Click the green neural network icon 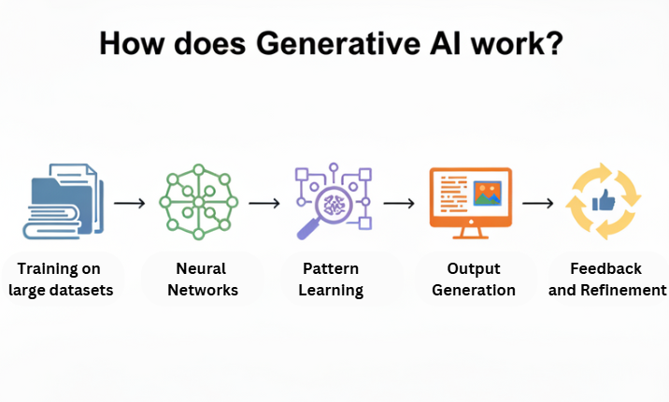[x=199, y=201]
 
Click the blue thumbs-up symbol [x=603, y=200]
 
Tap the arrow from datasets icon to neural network [x=130, y=202]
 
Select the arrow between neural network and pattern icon [x=265, y=202]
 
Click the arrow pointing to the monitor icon [x=399, y=202]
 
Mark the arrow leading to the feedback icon [x=537, y=202]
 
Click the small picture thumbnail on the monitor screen [x=489, y=194]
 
